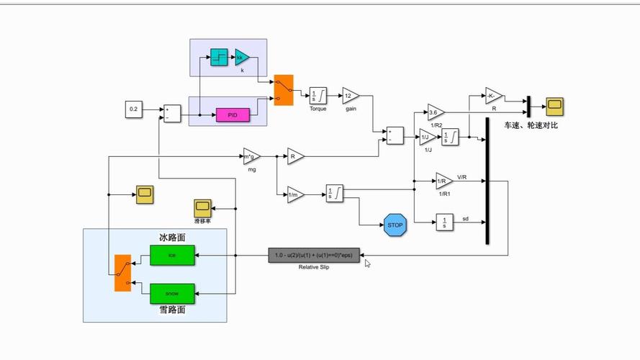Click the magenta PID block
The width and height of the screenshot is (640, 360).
232,114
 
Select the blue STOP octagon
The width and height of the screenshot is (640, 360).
395,224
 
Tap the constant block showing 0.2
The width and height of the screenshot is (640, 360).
134,109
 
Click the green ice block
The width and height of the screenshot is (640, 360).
172,255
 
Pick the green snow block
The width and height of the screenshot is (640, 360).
172,293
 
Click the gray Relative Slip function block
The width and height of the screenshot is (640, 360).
313,255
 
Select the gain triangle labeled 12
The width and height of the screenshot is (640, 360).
350,96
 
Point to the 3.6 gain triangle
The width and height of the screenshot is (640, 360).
435,112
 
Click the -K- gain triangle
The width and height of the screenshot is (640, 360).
493,96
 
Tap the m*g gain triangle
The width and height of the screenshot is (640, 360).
251,156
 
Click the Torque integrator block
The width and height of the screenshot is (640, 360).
318,96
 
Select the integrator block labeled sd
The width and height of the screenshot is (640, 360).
444,223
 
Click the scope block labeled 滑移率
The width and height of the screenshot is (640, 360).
202,207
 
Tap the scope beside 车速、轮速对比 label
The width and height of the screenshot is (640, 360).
554,107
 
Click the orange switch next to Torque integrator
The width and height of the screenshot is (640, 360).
284,90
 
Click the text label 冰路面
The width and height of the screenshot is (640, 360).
172,237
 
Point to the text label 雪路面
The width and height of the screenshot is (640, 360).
172,310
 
